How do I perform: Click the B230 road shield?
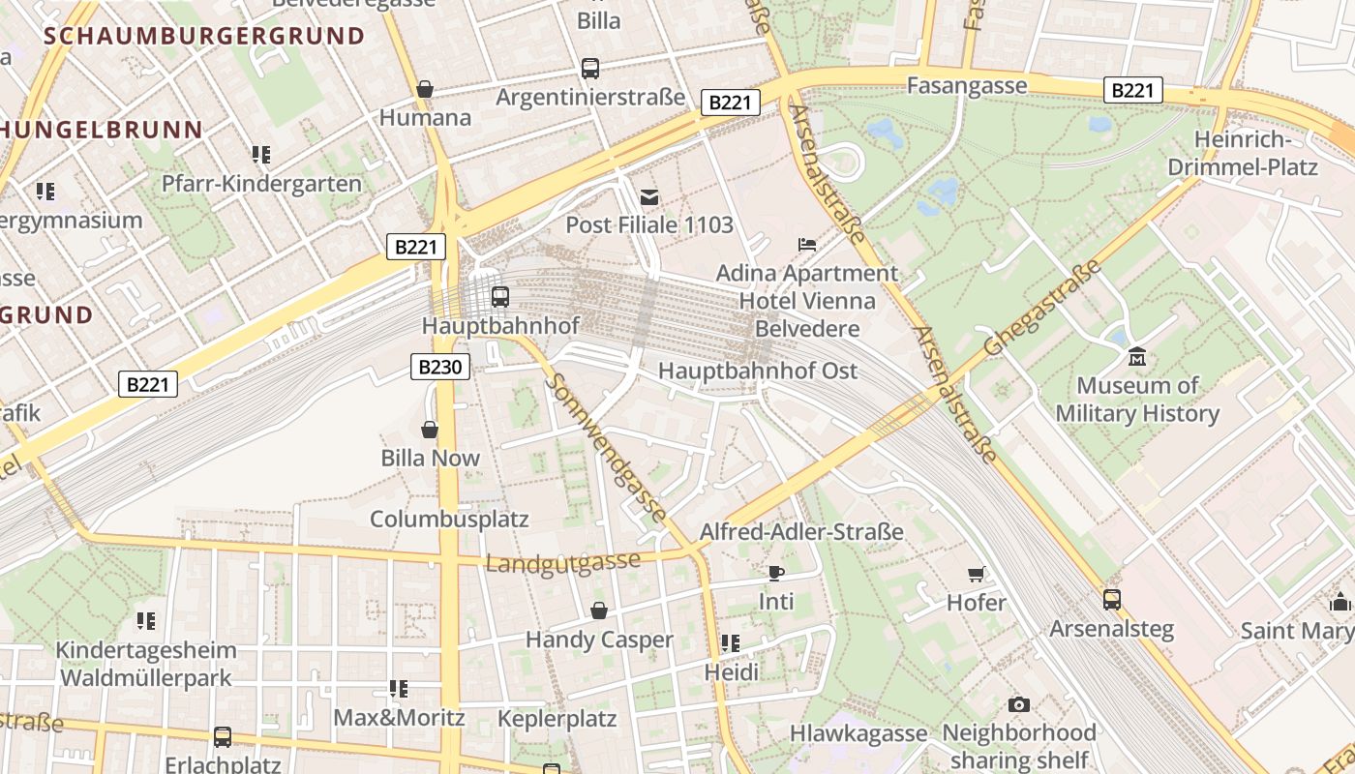click(x=440, y=367)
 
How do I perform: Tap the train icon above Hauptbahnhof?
click(x=499, y=296)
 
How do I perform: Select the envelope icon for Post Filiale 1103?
click(x=648, y=197)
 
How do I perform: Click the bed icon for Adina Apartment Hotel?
click(x=807, y=245)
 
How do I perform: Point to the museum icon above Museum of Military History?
click(x=1136, y=357)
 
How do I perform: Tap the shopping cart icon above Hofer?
click(x=977, y=574)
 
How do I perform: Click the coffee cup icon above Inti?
click(x=775, y=573)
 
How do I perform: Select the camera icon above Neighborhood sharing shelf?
click(x=1018, y=704)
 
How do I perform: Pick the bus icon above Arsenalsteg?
click(x=1111, y=600)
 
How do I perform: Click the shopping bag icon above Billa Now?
click(x=430, y=430)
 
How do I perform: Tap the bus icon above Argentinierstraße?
click(x=589, y=69)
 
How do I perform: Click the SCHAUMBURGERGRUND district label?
click(x=204, y=37)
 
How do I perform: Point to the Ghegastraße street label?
click(x=1042, y=308)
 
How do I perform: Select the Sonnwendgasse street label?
click(x=607, y=447)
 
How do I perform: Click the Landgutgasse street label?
click(x=562, y=562)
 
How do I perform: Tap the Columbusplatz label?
click(x=449, y=519)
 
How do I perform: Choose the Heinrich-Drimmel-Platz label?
click(x=1243, y=153)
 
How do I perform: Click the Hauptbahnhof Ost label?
click(x=757, y=371)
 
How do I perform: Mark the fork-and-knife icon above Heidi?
click(x=731, y=643)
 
